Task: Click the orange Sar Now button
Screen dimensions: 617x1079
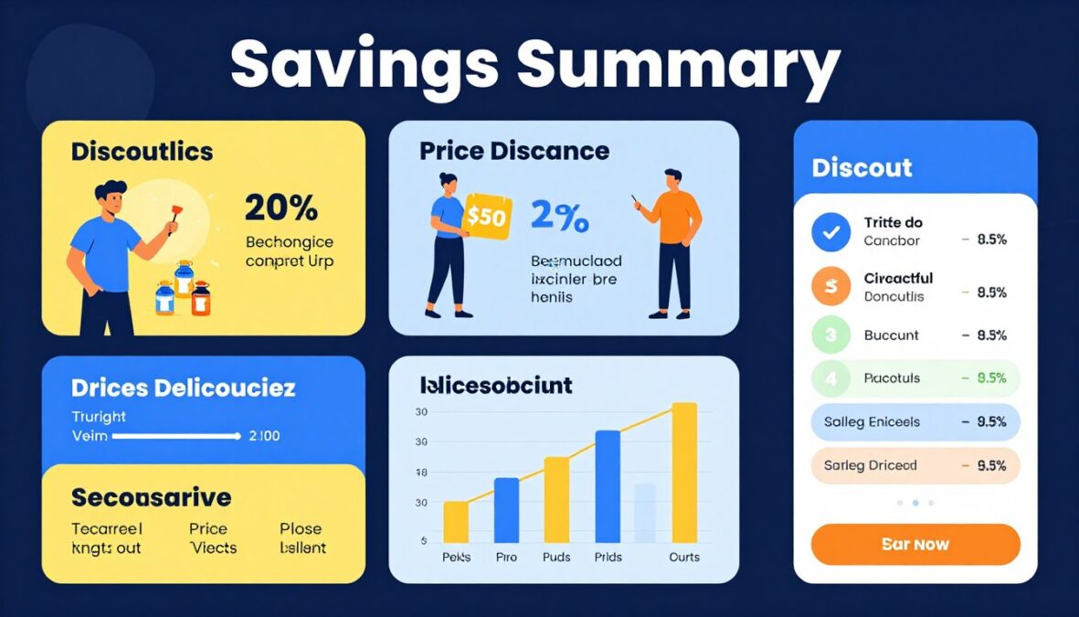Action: tap(915, 544)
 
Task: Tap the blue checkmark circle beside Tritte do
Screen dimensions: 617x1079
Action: tap(830, 232)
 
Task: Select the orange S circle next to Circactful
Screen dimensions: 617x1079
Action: tap(830, 287)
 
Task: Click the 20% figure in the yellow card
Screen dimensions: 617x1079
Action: tap(281, 208)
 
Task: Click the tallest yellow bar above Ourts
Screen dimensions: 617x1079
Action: tap(683, 472)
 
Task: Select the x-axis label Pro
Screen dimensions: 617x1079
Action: tap(505, 557)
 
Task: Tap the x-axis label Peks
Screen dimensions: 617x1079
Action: tap(455, 557)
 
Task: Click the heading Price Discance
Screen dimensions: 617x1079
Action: tap(514, 151)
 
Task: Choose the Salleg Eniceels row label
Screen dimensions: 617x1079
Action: tap(872, 422)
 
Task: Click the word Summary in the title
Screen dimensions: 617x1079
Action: tap(678, 67)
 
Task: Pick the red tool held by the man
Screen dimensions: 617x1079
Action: tap(170, 219)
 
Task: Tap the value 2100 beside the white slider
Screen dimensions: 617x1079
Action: tap(264, 436)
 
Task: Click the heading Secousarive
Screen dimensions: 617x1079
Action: tap(151, 498)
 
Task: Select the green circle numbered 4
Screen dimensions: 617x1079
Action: tap(830, 378)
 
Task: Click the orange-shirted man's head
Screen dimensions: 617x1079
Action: tap(672, 179)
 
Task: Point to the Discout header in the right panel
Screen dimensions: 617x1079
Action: tap(862, 167)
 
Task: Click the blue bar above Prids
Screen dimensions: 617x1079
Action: tap(608, 486)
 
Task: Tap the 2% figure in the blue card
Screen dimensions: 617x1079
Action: tap(559, 217)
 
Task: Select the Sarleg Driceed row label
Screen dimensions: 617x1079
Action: tap(870, 465)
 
